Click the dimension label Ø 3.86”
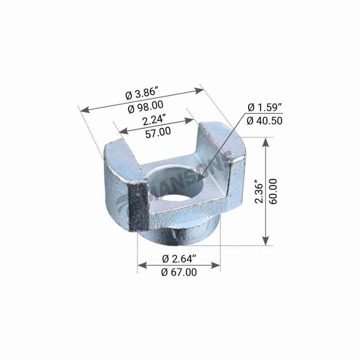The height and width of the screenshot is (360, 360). (142, 94)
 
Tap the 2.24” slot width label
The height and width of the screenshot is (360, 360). (154, 120)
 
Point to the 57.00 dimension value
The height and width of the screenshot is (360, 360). (158, 133)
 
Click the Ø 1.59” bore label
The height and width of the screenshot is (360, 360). (265, 108)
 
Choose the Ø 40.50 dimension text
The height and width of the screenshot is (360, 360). (265, 121)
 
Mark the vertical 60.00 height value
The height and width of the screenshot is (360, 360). (273, 192)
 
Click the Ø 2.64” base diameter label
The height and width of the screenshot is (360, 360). (179, 259)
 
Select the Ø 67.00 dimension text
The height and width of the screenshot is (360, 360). (179, 272)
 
